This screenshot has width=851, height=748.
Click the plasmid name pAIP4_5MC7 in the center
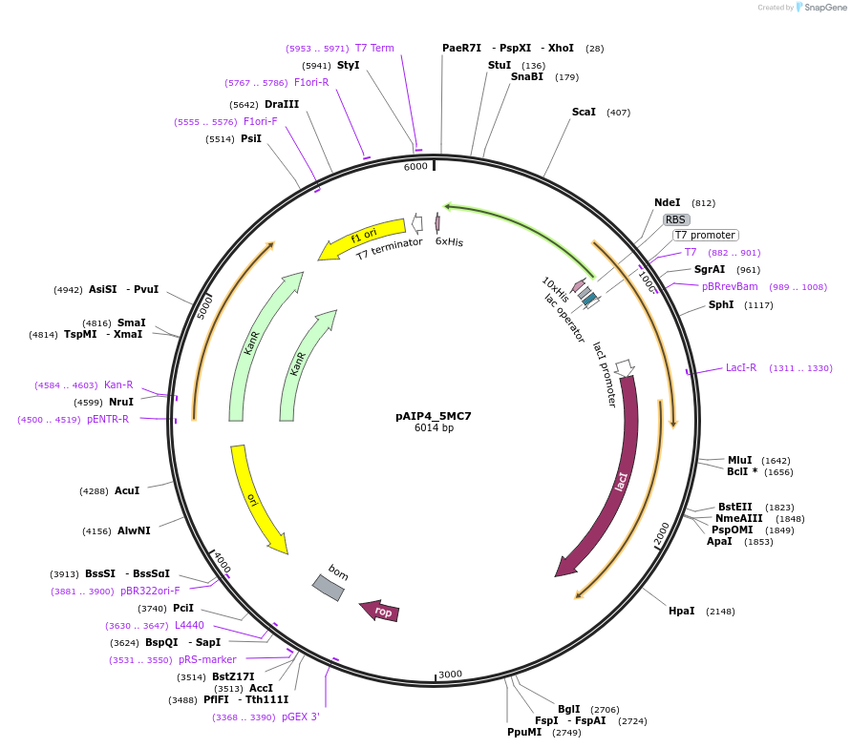point(434,416)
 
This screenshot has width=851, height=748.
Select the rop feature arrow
point(380,611)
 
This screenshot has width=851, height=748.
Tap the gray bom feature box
point(329,587)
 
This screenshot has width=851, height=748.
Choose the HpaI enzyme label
point(682,611)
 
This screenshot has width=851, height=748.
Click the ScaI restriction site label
point(584,113)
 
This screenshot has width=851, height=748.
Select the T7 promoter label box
point(705,235)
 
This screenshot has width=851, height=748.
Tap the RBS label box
point(676,219)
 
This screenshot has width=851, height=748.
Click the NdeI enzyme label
point(668,202)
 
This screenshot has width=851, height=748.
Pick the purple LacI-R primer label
point(741,367)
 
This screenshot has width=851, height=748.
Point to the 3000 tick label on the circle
point(451,674)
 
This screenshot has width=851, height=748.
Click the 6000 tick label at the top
point(415,167)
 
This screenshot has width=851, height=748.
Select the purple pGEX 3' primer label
point(300,717)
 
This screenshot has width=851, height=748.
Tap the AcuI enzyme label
point(127,490)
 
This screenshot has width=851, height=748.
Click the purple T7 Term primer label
point(374,48)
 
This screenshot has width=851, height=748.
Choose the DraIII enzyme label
point(282,104)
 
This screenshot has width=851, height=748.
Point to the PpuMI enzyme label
point(524,732)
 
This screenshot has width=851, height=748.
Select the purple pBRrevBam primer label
point(730,286)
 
